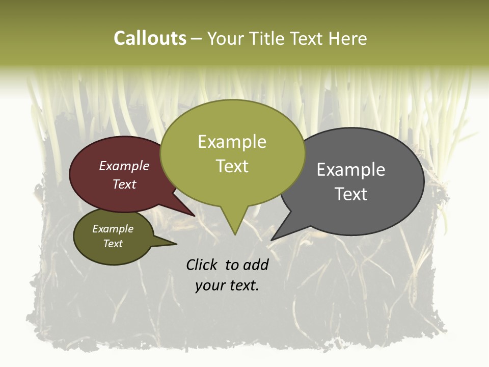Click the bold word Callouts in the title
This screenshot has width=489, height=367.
tap(150, 38)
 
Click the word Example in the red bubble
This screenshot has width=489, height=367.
tap(124, 166)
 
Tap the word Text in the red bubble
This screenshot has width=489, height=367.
tap(124, 185)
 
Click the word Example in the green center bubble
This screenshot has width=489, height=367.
tap(232, 142)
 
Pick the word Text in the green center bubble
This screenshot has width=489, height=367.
tap(232, 166)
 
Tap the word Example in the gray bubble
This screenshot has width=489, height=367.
tap(351, 170)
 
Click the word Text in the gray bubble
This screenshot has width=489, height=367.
tap(351, 194)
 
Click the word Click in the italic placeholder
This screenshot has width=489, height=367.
tap(203, 265)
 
